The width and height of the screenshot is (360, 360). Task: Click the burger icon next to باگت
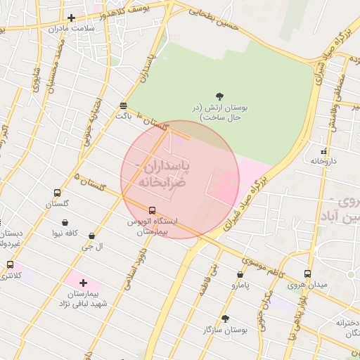coord(124,105)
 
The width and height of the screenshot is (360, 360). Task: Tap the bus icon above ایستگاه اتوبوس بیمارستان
coord(152,210)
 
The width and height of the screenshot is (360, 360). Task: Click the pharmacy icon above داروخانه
coord(323,151)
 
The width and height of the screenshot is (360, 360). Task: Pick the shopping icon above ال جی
coord(92,236)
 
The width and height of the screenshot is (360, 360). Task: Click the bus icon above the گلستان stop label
coord(57,193)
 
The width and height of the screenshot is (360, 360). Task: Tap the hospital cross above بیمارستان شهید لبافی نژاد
coord(83,282)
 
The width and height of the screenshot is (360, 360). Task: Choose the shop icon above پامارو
coord(240,275)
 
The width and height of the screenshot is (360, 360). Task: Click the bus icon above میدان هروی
coord(307,274)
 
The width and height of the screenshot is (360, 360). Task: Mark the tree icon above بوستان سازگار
coord(224,318)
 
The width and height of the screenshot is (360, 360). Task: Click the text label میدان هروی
coord(307,285)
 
